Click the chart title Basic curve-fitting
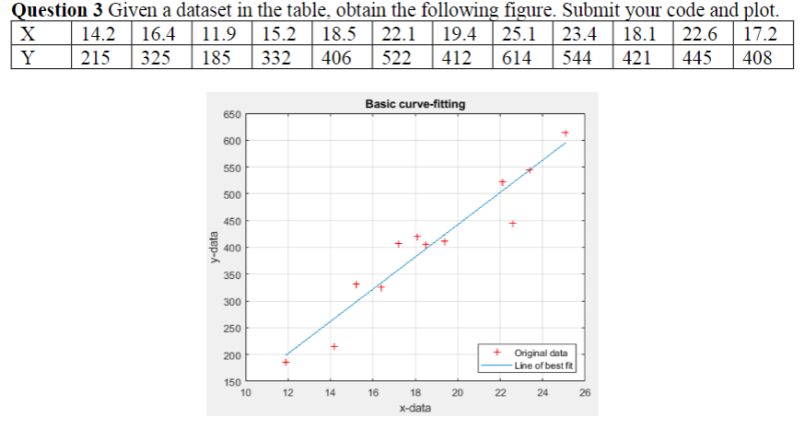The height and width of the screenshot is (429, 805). coord(414,104)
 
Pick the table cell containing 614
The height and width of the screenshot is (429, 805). coord(522,57)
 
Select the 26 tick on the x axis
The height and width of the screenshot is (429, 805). coord(585,392)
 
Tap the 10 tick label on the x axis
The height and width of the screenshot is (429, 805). coord(245,392)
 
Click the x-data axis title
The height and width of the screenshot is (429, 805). coord(414,407)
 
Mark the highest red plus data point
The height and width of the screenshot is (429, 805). coord(566,133)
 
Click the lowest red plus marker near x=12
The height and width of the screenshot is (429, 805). coord(286,362)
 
